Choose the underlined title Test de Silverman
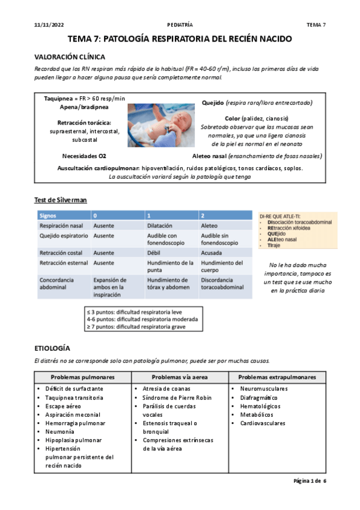[63, 200]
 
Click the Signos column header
[47, 215]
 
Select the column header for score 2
[203, 215]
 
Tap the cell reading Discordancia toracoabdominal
[222, 284]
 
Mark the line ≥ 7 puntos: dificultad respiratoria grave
[136, 327]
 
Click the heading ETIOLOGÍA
[53, 348]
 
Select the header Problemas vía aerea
[180, 377]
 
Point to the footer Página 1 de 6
[310, 481]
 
